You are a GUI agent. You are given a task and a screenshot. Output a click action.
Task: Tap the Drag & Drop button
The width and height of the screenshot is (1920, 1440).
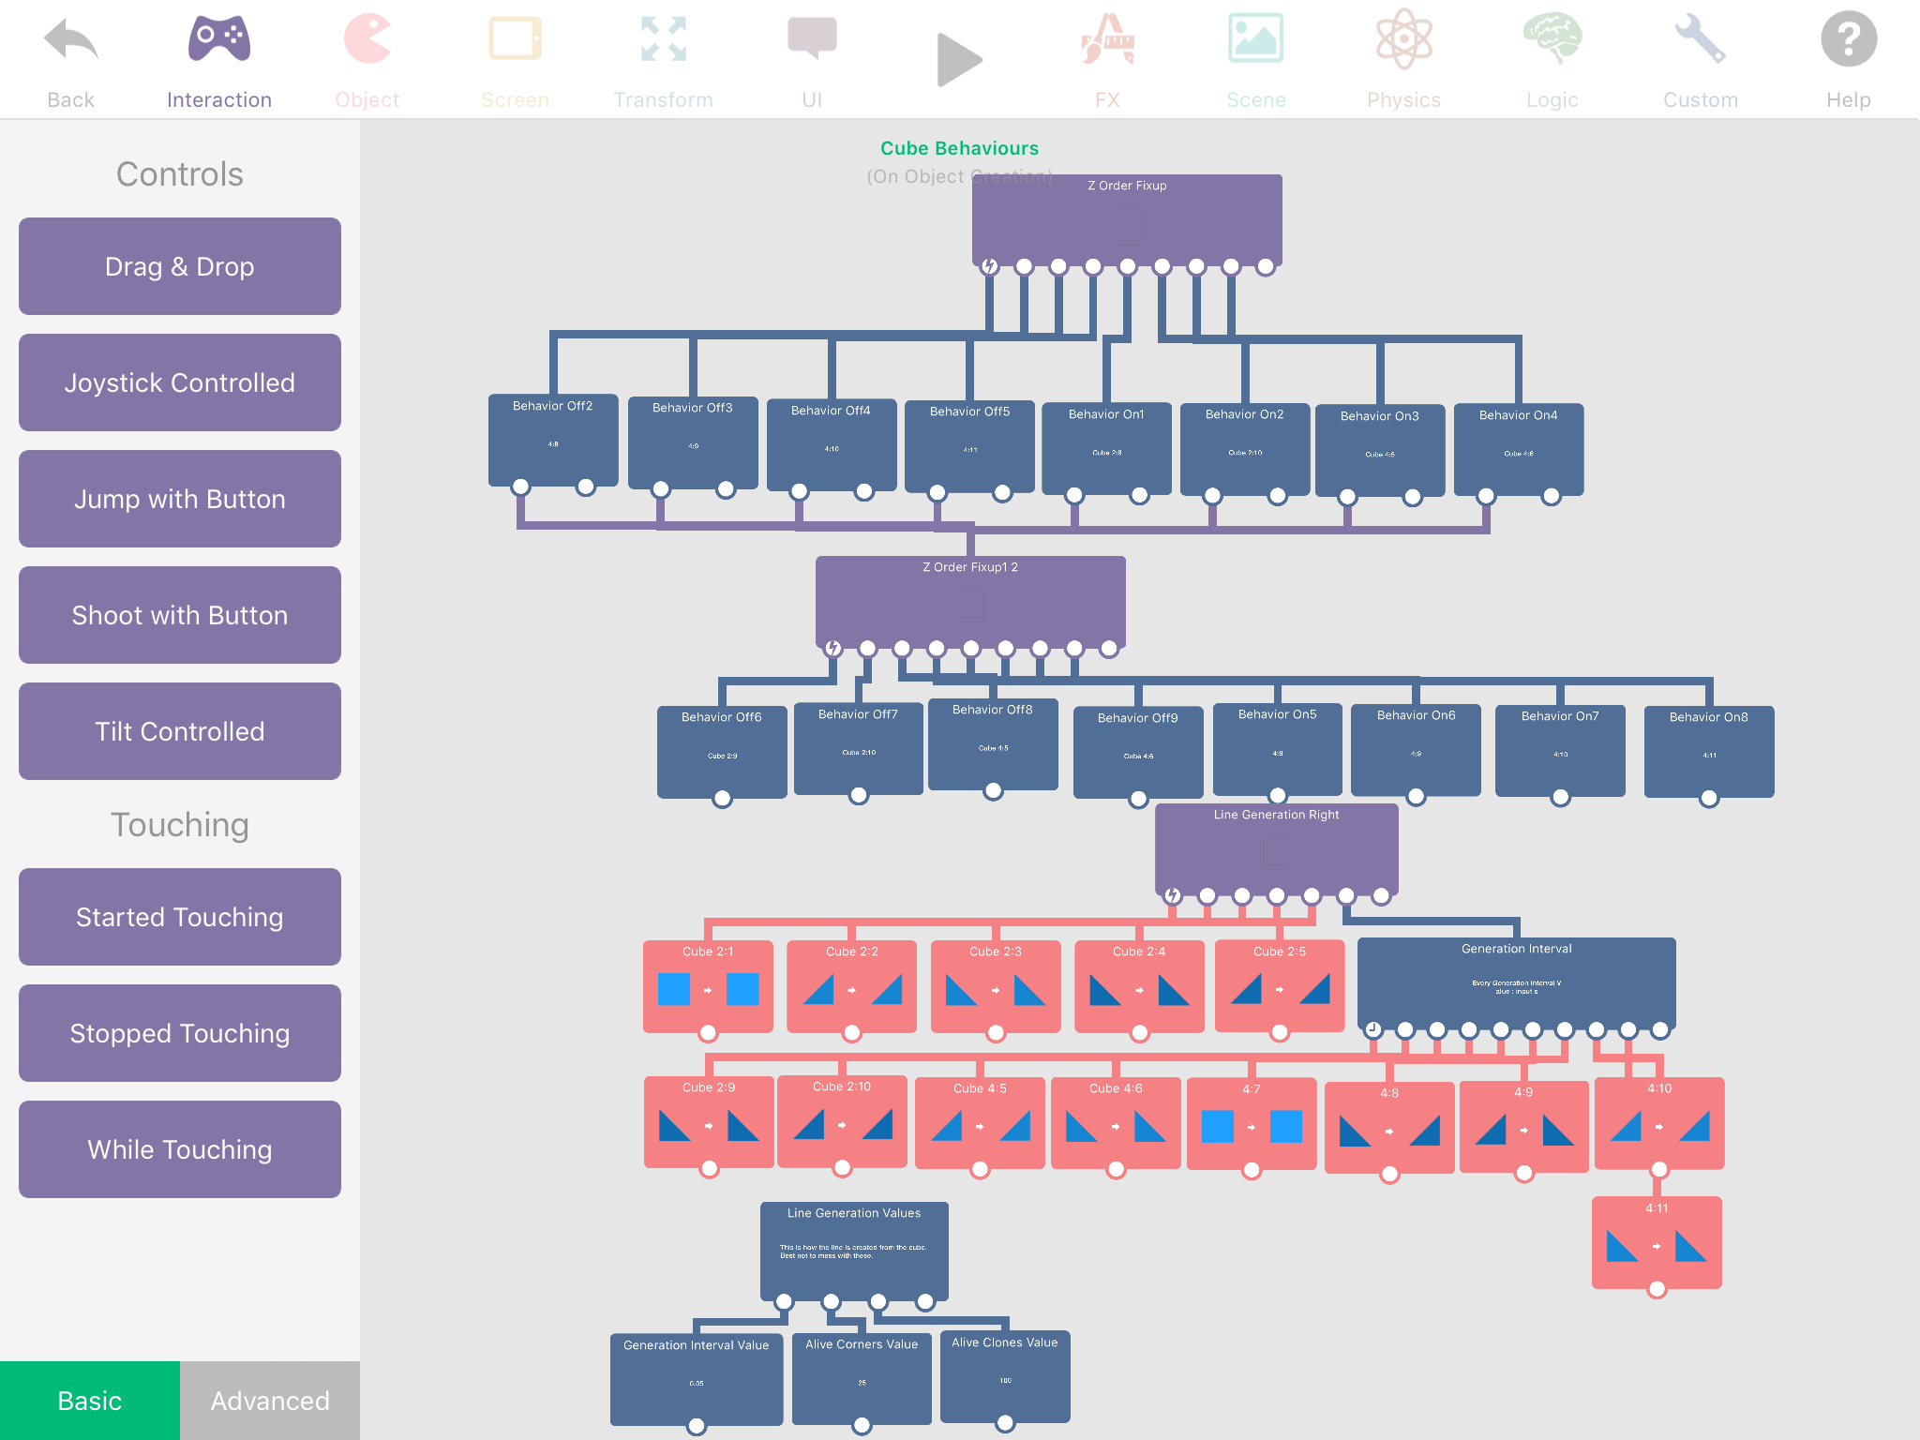pos(179,266)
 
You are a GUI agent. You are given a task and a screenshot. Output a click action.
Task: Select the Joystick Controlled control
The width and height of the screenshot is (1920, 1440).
pos(179,382)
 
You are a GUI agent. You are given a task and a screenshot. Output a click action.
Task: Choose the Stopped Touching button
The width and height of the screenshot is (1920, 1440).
pos(179,1033)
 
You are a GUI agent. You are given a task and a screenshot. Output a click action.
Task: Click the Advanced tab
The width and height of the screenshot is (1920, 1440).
pos(270,1401)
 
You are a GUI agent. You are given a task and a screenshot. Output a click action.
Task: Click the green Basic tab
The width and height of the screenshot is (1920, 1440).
pos(90,1401)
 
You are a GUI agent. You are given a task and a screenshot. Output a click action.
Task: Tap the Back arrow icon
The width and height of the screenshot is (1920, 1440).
pos(70,42)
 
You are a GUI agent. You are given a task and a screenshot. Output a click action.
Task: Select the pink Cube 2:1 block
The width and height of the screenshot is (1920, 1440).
pos(708,985)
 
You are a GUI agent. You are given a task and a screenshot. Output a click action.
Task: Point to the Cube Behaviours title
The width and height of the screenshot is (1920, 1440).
pos(959,148)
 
